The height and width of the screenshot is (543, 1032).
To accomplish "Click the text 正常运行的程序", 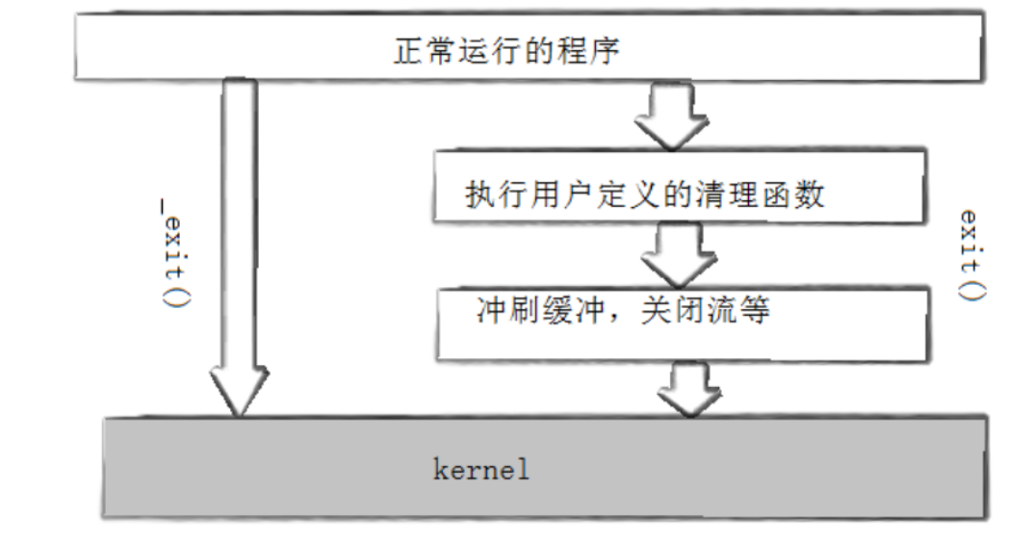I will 506,50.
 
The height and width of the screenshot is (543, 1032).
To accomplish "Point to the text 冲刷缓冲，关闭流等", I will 622,312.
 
